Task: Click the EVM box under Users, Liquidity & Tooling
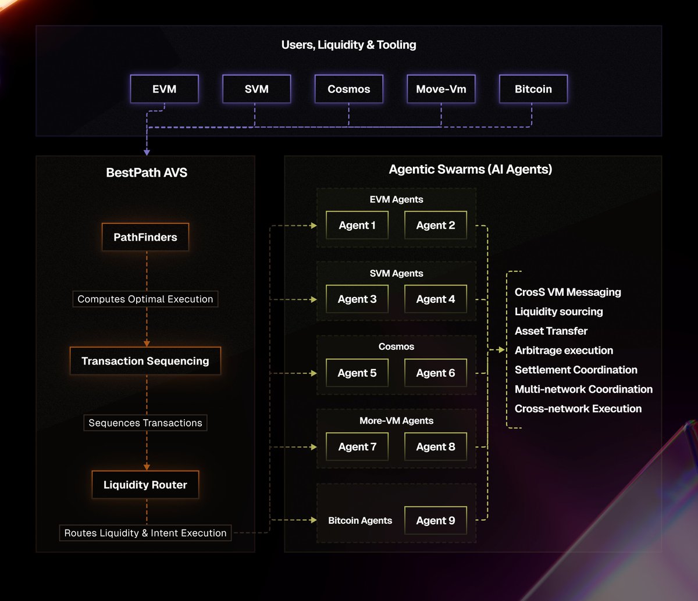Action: pos(165,89)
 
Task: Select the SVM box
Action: pos(257,89)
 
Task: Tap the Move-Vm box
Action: pos(441,89)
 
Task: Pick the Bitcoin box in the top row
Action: pos(533,89)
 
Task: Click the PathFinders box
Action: pos(145,237)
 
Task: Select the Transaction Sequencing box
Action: pos(145,361)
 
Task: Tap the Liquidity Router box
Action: pos(145,485)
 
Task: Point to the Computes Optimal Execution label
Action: pos(145,299)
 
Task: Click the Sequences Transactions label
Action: pos(145,423)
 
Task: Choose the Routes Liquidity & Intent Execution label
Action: pos(145,533)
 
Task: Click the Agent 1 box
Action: pos(357,226)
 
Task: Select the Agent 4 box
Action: pos(436,299)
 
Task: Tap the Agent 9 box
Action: pos(436,521)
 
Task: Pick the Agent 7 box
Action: pos(357,447)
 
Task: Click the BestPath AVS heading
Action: pos(147,173)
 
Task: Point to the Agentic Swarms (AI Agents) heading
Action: pos(470,170)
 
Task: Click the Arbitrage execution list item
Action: pos(564,350)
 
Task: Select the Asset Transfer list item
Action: pos(551,331)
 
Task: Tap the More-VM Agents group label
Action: pos(396,421)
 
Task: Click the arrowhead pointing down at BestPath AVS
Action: pos(147,152)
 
